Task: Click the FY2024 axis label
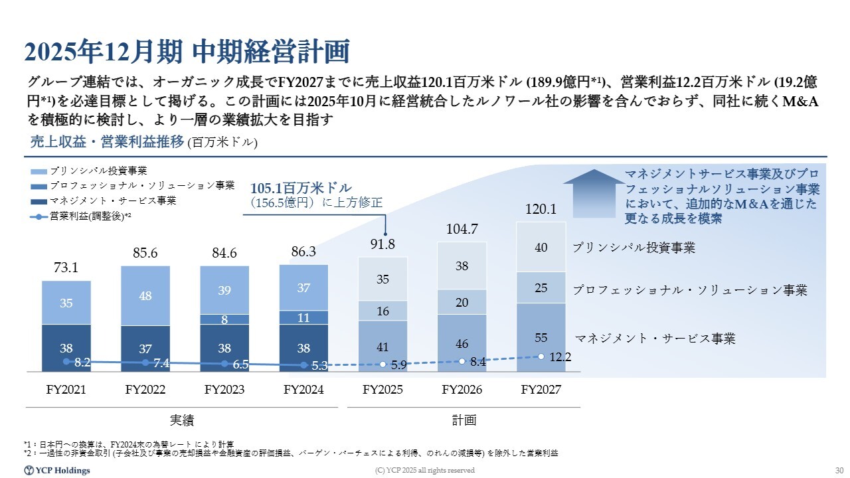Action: coord(303,390)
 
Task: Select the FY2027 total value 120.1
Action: coord(541,209)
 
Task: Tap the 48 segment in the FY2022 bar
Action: coord(145,295)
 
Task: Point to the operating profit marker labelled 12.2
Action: coord(541,357)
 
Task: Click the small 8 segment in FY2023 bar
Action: coord(224,319)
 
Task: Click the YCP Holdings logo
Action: coord(57,471)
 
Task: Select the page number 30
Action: coord(838,471)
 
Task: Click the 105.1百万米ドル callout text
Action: coord(301,188)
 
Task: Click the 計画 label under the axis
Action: coord(464,420)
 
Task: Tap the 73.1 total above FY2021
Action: coord(66,268)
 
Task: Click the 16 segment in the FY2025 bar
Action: coord(382,311)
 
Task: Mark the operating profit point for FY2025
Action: coord(383,364)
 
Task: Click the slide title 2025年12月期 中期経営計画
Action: coord(187,51)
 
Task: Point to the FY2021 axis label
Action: coord(66,390)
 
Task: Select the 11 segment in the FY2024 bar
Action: coord(303,318)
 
